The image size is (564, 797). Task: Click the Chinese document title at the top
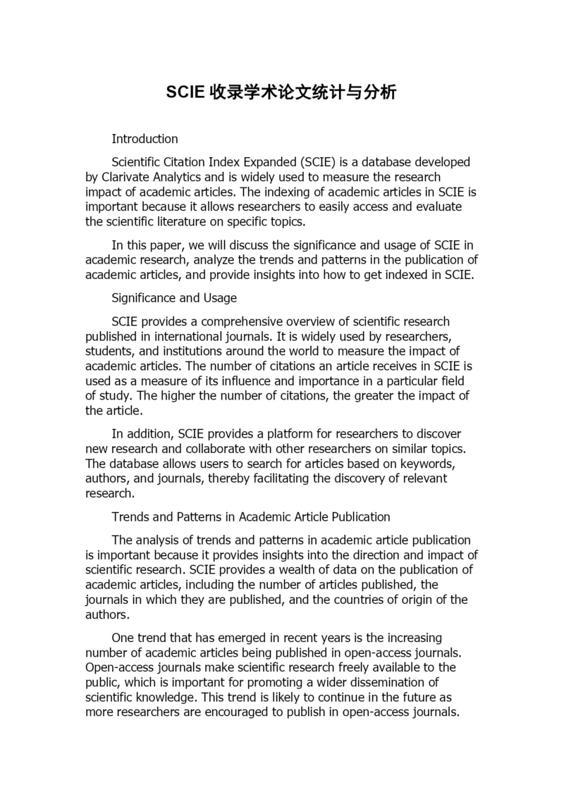point(281,92)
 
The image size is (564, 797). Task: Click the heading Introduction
point(145,138)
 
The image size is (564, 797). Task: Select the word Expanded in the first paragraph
point(270,162)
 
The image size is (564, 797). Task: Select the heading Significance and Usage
point(174,298)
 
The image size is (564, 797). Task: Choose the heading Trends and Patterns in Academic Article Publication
point(251,517)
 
